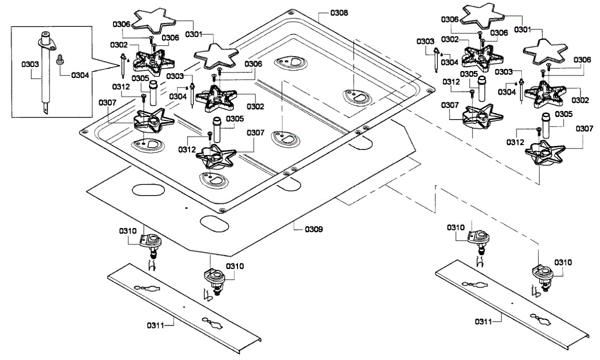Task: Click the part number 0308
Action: pyautogui.click(x=339, y=11)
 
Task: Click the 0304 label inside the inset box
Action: pyautogui.click(x=80, y=75)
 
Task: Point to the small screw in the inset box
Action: pyautogui.click(x=60, y=58)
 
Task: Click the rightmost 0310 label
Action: pyautogui.click(x=563, y=262)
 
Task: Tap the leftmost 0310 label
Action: pyautogui.click(x=128, y=230)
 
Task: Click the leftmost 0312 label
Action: pyautogui.click(x=121, y=86)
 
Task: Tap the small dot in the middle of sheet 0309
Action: pyautogui.click(x=185, y=207)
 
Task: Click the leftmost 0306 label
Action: pyautogui.click(x=121, y=23)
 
